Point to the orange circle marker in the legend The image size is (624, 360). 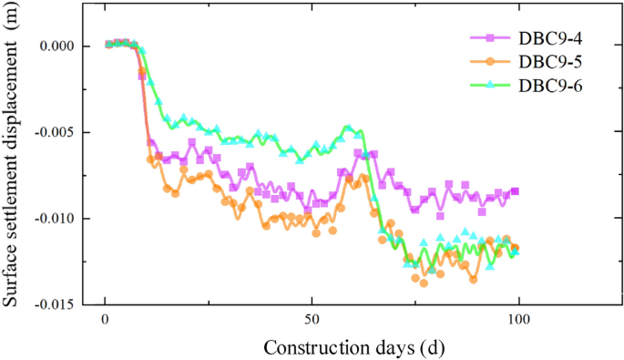tap(489, 61)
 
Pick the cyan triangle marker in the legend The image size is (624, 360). tap(489, 85)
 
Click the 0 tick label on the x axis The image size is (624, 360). tap(106, 320)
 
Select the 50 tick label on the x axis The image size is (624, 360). tap(312, 320)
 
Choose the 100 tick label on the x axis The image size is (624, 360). tap(518, 320)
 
